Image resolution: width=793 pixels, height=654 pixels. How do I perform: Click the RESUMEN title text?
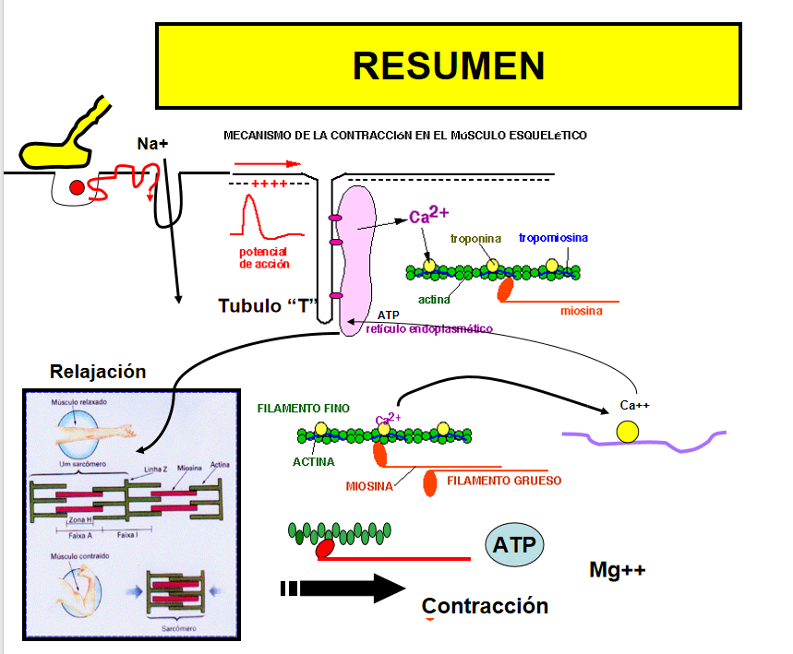click(449, 65)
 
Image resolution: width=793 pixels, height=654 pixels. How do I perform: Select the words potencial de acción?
click(264, 257)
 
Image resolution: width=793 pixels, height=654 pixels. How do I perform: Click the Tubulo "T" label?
click(268, 305)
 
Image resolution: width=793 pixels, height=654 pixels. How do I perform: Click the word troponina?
click(475, 239)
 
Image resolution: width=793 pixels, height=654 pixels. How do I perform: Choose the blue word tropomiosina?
click(553, 238)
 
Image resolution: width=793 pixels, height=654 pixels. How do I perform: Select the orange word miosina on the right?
click(581, 311)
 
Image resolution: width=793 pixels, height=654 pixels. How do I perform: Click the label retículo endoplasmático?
click(428, 329)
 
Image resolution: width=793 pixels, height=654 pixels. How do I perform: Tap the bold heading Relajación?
click(98, 372)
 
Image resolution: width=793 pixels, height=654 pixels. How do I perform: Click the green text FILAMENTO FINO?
click(304, 407)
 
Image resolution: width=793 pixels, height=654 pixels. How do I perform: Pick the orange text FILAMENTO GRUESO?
click(503, 481)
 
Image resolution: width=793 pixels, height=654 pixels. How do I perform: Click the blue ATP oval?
click(514, 544)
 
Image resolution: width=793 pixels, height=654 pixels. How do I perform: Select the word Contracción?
click(485, 606)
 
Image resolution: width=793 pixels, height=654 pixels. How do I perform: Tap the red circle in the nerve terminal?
click(77, 188)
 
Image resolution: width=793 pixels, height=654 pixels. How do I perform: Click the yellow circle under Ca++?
click(627, 431)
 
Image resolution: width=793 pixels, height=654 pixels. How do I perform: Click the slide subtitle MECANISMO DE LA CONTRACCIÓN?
click(404, 136)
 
